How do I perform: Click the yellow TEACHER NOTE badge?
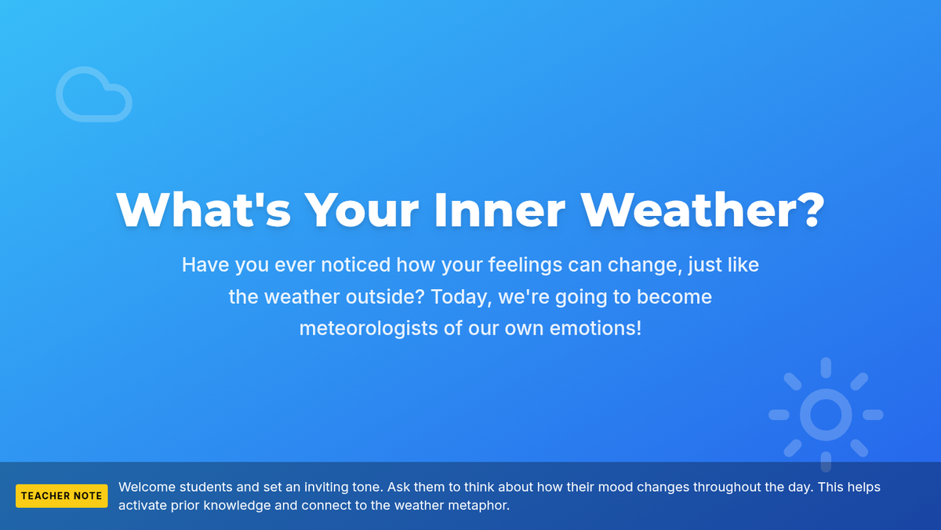[x=62, y=496]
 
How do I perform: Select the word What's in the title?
[x=203, y=210]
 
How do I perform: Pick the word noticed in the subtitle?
[x=356, y=265]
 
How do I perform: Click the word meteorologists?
[x=369, y=328]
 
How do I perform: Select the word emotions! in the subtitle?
[x=595, y=328]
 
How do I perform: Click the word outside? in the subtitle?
[x=385, y=297]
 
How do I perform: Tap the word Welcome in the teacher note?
[x=147, y=487]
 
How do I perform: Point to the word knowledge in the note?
[x=237, y=506]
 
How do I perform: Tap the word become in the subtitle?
[x=674, y=297]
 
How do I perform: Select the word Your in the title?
[x=362, y=210]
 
